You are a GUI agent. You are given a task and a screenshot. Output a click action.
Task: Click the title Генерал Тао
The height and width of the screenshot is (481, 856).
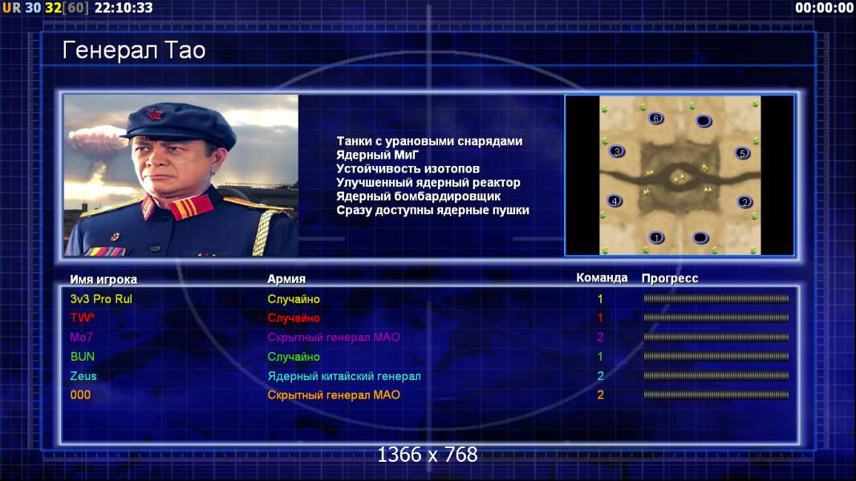134,51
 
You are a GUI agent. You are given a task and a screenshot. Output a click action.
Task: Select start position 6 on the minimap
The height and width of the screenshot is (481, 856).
655,119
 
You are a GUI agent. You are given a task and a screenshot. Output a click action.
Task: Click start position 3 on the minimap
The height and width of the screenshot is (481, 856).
616,152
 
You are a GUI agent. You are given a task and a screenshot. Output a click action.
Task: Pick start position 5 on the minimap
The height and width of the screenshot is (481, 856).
742,153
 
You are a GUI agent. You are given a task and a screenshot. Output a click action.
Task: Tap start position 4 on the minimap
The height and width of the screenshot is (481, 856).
615,200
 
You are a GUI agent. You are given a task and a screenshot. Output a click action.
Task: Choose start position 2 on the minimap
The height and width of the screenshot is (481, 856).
744,202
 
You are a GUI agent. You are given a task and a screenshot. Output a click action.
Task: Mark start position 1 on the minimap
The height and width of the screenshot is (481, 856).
656,237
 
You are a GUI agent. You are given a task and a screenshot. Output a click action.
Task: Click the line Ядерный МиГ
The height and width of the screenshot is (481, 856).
377,155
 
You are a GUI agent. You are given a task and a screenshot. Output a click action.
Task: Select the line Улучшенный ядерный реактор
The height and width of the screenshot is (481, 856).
428,183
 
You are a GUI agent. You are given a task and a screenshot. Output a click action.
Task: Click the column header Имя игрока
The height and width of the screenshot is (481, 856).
103,279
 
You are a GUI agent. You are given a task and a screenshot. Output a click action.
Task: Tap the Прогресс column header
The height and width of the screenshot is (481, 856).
670,278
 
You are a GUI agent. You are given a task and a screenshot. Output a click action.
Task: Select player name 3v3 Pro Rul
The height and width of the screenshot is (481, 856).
101,299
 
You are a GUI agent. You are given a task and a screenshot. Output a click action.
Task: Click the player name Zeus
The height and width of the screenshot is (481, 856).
83,376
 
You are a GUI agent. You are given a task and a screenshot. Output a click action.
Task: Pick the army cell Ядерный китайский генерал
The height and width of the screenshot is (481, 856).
344,376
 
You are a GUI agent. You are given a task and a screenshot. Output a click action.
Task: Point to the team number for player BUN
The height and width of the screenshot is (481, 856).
600,357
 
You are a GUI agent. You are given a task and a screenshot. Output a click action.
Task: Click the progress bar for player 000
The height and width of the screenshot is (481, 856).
716,394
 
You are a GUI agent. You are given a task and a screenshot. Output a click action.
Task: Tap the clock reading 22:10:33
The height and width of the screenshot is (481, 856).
124,8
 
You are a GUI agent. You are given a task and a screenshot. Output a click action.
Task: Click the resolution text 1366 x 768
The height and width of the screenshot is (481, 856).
428,455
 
